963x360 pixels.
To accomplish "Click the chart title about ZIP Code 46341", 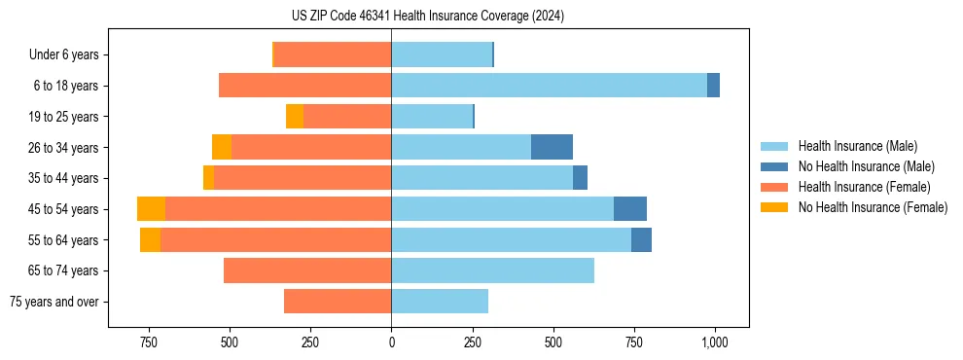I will pos(429,16).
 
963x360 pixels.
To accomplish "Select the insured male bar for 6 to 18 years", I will pos(549,86).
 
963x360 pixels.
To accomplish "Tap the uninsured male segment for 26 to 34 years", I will pos(552,147).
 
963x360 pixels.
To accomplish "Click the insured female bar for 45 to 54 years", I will pos(278,209).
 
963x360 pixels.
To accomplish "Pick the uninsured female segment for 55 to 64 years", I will pos(150,240).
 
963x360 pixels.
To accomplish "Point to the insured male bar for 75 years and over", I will pos(440,302).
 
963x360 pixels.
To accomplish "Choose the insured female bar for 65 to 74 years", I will pos(307,270).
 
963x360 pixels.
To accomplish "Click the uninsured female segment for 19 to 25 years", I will pos(295,117).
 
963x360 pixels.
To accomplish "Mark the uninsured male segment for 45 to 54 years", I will pos(630,209).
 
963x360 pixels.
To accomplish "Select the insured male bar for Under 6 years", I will pos(442,54).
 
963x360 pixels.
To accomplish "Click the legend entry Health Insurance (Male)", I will pos(857,146).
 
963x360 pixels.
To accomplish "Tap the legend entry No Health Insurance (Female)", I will pos(873,207).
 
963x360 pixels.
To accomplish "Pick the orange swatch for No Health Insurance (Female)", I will pos(774,207).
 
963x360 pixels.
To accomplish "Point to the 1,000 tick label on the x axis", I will pos(715,342).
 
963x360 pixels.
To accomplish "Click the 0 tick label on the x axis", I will pos(391,342).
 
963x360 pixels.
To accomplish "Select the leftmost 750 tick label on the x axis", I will pos(149,342).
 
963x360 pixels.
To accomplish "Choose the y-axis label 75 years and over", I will pos(53,302).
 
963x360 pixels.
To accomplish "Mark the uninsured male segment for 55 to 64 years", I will pos(641,240).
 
